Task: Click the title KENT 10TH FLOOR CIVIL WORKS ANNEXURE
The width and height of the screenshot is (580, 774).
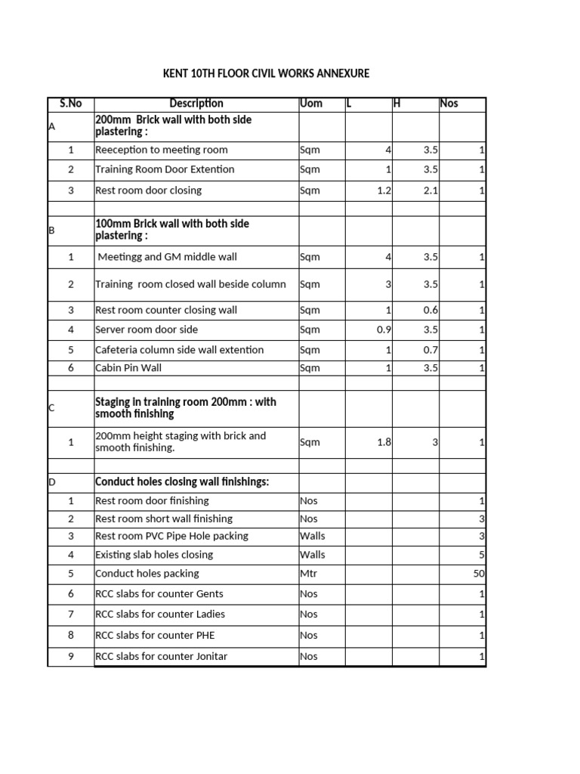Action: pos(267,73)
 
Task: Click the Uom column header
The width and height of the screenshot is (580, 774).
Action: pos(311,104)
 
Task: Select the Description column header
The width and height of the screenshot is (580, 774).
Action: pos(196,104)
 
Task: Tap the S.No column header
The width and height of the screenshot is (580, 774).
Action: pos(70,104)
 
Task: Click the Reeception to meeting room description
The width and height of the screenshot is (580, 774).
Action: pos(162,150)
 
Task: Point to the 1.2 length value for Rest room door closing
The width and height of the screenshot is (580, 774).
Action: pos(384,190)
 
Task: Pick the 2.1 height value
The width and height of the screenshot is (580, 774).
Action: pos(430,190)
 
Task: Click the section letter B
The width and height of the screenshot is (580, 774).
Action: pos(52,231)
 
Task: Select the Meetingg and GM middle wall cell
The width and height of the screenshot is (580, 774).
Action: pos(167,257)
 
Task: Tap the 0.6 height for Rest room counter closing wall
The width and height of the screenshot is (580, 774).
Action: pos(430,310)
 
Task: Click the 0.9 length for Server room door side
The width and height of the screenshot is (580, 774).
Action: pos(384,330)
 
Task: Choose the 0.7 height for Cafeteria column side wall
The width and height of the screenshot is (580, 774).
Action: pos(430,350)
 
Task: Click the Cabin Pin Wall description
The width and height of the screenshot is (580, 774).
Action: pos(128,368)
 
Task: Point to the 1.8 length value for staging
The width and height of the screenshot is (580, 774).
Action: pos(384,442)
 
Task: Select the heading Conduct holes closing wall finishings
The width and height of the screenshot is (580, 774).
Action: pos(182,482)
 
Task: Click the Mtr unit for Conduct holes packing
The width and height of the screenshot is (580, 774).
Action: pos(309,574)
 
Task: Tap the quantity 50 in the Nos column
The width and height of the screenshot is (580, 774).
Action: pos(479,574)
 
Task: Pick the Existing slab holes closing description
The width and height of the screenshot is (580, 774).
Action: pos(154,555)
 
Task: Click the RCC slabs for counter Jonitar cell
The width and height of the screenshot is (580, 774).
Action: pos(162,656)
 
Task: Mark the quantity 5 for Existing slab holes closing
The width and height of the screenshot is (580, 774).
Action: pos(481,555)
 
